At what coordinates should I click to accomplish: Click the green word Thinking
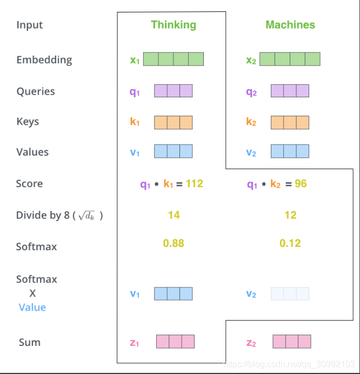click(174, 25)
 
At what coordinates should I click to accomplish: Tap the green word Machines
click(290, 24)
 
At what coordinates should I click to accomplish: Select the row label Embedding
click(44, 60)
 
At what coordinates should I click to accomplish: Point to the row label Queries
click(36, 91)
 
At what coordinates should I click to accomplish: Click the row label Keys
click(28, 122)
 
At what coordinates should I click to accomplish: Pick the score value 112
click(195, 184)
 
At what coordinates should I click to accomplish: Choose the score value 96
click(301, 184)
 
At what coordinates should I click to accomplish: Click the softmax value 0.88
click(174, 243)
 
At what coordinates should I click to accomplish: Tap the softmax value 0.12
click(290, 243)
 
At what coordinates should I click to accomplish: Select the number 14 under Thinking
click(174, 215)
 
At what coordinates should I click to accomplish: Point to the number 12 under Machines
click(290, 215)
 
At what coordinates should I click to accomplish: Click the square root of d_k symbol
click(86, 216)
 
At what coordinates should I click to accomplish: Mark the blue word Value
click(32, 308)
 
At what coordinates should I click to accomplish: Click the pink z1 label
click(134, 343)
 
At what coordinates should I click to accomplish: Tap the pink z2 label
click(251, 343)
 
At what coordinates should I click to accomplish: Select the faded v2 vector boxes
click(290, 293)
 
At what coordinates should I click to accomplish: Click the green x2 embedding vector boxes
click(290, 59)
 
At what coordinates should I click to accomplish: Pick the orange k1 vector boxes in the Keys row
click(173, 123)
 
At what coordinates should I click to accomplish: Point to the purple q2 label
click(251, 92)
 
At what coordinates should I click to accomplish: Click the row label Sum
click(30, 342)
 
